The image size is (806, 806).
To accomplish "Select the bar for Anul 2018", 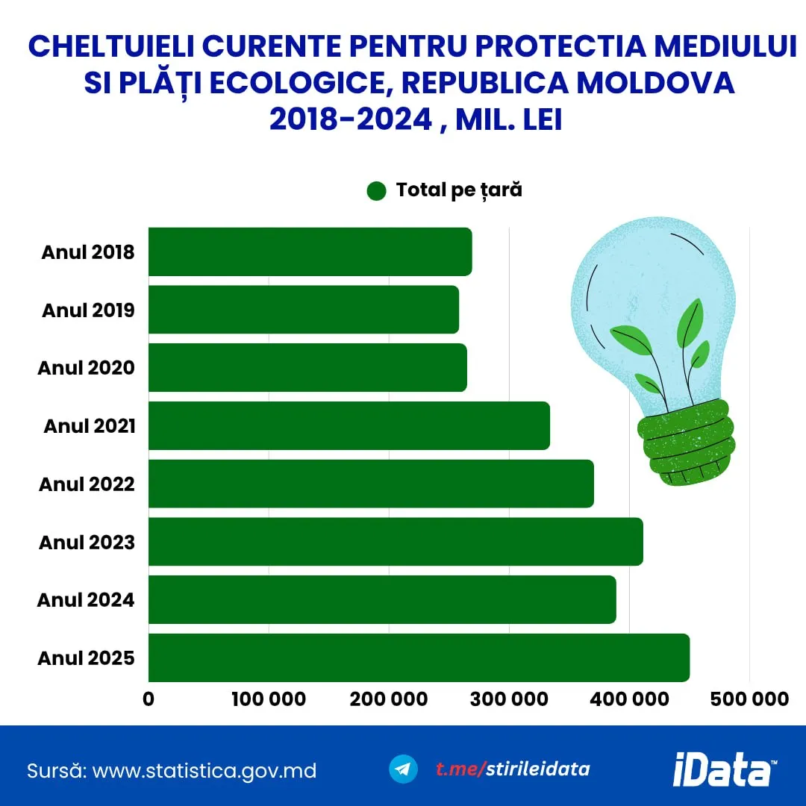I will coord(310,252).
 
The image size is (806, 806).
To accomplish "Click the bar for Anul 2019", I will coord(303,310).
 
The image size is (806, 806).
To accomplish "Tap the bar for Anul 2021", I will coord(349,425).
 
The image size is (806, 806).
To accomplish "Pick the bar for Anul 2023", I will coord(396,542).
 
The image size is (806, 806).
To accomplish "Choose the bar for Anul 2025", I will coord(419,657).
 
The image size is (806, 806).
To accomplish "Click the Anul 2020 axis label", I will coord(87,368).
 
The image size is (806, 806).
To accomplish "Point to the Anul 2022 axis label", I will coord(87,484).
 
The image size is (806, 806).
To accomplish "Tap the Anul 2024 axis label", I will coord(86,600).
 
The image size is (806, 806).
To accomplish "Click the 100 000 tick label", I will coord(269,699).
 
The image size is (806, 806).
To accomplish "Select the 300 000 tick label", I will coord(510,699).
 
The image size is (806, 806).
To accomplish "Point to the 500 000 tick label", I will coord(750,699).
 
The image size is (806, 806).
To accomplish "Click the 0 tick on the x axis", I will coord(149,699).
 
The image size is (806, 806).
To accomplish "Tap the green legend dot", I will coord(377,191).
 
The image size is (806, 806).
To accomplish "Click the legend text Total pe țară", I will coord(459,190).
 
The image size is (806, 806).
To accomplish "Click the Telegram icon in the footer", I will coord(404,769).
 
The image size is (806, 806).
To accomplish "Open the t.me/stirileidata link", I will coord(513,769).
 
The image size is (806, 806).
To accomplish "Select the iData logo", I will coord(722,769).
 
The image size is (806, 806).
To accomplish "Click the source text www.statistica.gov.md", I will coord(204,770).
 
